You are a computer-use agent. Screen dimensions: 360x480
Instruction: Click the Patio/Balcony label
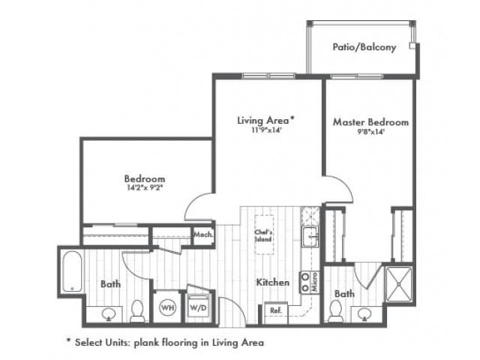tap(364, 47)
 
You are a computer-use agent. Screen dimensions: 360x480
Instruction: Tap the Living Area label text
tap(265, 119)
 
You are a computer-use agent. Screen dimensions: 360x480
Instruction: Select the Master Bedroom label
tap(370, 122)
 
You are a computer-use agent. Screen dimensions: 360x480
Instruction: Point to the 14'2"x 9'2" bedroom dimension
tap(144, 189)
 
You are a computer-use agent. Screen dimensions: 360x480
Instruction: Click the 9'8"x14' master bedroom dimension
tap(370, 132)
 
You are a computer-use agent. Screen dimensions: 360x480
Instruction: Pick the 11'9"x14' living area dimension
tap(265, 129)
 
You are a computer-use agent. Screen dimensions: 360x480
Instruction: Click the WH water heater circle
tap(166, 307)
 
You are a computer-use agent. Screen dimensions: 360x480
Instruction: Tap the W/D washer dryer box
tap(196, 307)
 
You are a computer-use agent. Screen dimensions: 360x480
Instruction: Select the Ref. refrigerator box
tap(275, 310)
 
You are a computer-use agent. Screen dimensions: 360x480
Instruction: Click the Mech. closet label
tap(203, 235)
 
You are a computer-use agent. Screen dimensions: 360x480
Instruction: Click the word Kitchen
tap(273, 283)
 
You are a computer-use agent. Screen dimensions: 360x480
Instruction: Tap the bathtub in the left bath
tap(73, 271)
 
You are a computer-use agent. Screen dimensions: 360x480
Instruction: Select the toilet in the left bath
tap(137, 310)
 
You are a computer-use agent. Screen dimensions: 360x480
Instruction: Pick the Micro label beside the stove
tap(316, 283)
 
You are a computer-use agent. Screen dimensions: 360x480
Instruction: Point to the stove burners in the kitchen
tap(305, 281)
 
